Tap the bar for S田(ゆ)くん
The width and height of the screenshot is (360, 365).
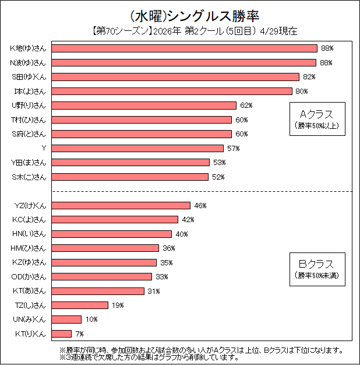176,77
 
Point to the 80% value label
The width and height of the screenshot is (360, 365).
302,91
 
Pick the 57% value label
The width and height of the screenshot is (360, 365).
233,148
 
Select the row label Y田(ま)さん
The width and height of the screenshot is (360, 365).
29,162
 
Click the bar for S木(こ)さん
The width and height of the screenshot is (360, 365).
130,177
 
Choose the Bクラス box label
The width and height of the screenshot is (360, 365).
317,264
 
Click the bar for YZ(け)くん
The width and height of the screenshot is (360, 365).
122,205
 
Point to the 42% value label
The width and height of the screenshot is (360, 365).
188,220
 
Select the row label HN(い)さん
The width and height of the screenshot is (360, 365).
29,234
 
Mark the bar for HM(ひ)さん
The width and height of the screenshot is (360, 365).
106,248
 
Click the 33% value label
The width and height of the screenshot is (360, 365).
161,276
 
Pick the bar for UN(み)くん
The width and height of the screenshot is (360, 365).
67,320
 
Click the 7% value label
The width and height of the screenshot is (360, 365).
80,334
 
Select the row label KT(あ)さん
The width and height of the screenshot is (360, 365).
29,291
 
